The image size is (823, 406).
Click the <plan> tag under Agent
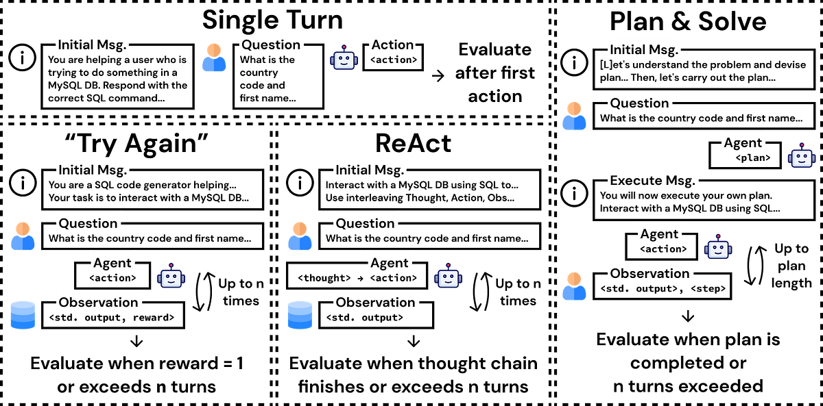752,158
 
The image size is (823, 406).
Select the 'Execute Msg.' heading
652,181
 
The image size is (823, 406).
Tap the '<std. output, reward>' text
111,318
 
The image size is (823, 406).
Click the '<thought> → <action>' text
356,278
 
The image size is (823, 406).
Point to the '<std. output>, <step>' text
663,288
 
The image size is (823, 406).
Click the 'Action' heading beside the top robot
393,45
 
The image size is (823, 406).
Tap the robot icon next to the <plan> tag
801,155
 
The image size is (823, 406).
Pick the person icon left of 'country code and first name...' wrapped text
214,58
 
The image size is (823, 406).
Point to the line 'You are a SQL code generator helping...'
143,185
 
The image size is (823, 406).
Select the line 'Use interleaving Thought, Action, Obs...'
420,199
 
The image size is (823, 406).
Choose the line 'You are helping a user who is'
117,60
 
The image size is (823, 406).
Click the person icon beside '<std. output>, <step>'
574,286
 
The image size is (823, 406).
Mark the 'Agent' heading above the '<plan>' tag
743,143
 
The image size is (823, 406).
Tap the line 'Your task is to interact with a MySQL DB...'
149,199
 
